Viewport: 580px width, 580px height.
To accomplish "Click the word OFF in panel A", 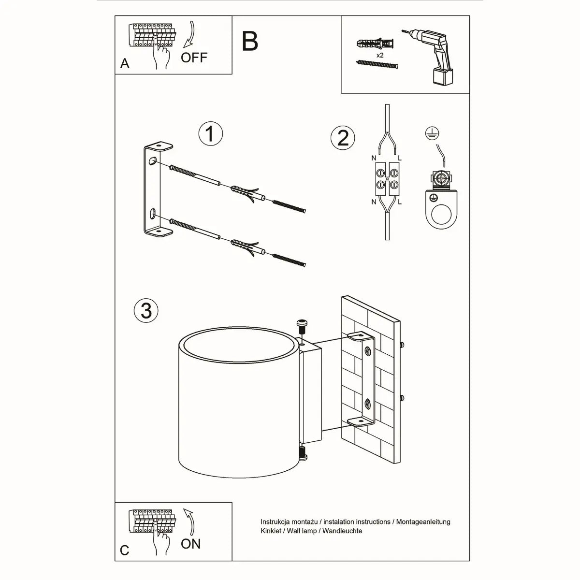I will (194, 58).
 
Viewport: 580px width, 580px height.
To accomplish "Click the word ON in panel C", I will (190, 544).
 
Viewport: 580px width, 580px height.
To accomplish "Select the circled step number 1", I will (210, 134).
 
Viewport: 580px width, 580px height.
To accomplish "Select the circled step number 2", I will (343, 138).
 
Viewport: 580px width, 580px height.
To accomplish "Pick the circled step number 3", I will (146, 310).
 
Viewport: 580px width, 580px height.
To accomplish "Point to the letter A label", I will (125, 64).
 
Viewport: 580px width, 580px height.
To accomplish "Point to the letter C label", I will (125, 551).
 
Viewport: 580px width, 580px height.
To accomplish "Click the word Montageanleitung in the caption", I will (423, 522).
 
